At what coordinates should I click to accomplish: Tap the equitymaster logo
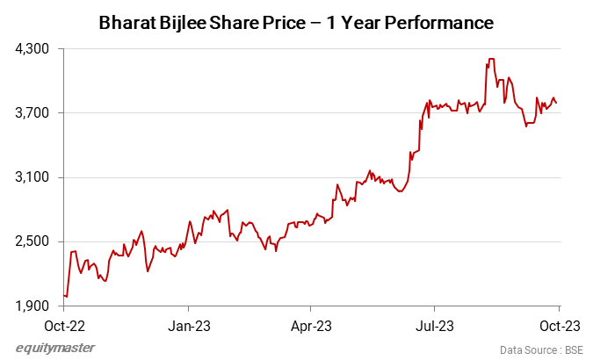coord(54,349)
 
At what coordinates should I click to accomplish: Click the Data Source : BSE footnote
coord(541,349)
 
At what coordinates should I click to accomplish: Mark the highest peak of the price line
coord(490,59)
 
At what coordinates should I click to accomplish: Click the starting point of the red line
coord(64,295)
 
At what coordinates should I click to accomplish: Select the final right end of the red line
coord(556,104)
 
